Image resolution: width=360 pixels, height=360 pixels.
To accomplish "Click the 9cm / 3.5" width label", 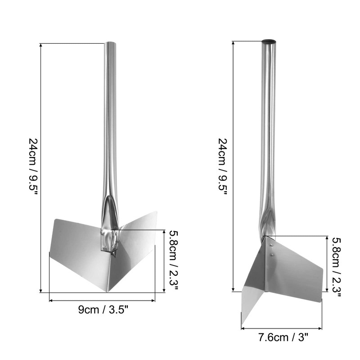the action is [x=103, y=310].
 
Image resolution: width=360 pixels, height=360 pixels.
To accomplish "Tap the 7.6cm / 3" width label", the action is [x=283, y=337].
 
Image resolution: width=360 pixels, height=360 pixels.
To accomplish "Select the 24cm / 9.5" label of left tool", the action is [x=32, y=167].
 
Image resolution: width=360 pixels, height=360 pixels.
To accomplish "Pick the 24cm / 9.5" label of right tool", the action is [x=222, y=167].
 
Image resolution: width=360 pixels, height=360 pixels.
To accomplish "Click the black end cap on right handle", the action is [x=269, y=41].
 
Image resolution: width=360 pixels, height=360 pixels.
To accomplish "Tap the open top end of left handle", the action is [x=110, y=43].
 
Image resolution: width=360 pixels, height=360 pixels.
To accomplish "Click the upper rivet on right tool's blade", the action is [x=271, y=245].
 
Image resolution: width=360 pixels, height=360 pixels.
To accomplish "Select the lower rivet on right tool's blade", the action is [x=272, y=254].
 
